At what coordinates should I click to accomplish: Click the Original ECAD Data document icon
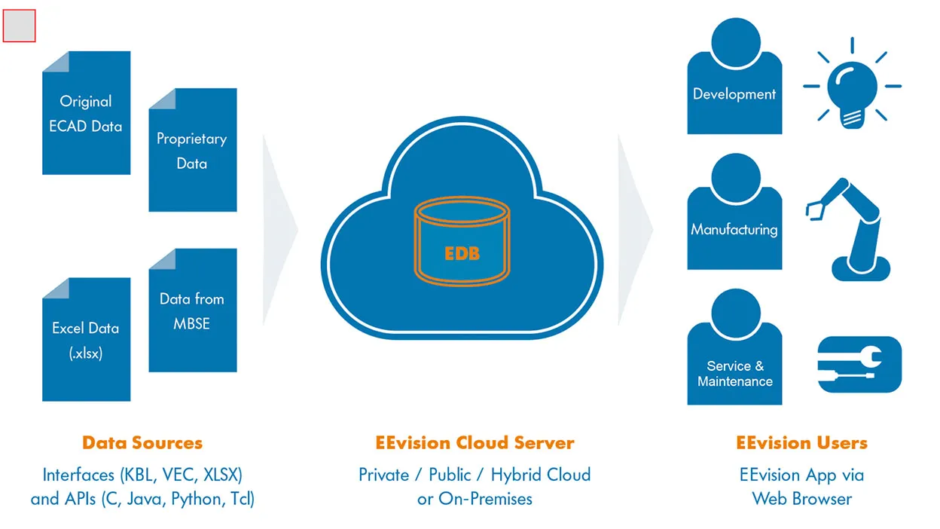tap(86, 113)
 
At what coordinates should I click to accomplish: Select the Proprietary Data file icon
tap(192, 150)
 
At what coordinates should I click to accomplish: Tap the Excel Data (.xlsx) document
tap(86, 339)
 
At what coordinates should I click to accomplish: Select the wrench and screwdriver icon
tap(859, 365)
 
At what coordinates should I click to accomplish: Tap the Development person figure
tap(734, 83)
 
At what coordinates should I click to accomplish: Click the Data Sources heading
tap(142, 443)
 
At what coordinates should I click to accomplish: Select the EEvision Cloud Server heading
tap(475, 443)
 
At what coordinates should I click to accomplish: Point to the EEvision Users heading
tap(801, 443)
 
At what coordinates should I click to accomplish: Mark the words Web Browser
tap(802, 499)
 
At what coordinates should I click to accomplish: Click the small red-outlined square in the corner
tap(20, 26)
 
